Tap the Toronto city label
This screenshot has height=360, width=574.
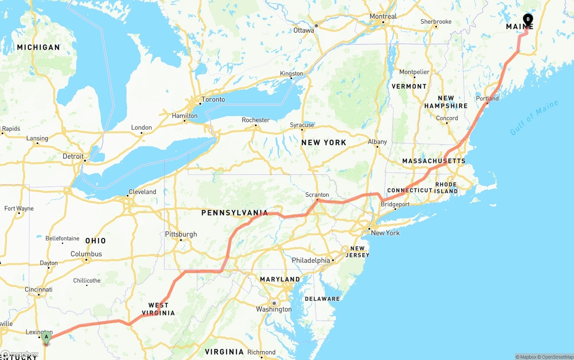[x=213, y=100]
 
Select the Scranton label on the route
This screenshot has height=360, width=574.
[x=317, y=195]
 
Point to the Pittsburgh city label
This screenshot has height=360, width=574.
[x=181, y=234]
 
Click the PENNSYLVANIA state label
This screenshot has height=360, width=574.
[x=235, y=213]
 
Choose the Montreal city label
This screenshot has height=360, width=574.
[x=383, y=17]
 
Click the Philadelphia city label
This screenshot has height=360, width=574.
[x=311, y=260]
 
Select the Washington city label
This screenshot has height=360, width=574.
[x=274, y=309]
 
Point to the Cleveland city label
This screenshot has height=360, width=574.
[x=142, y=192]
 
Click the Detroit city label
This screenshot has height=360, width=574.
[x=73, y=156]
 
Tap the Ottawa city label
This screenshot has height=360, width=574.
[x=304, y=30]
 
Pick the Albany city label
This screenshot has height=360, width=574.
[x=377, y=142]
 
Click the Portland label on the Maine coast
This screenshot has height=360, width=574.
[x=487, y=99]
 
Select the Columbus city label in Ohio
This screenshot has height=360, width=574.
[x=86, y=254]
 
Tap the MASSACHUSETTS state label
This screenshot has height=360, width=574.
[x=434, y=161]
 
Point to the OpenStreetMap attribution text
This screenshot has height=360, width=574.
[x=557, y=357]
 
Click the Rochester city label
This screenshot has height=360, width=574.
[x=256, y=120]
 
